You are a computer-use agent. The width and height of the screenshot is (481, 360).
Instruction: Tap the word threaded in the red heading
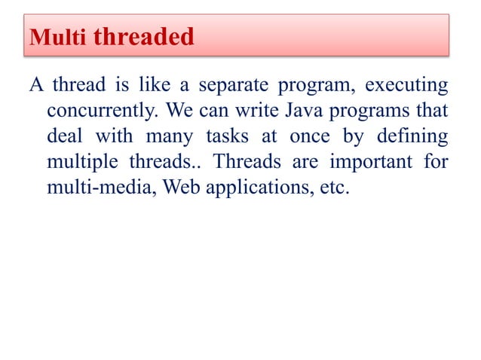pos(143,36)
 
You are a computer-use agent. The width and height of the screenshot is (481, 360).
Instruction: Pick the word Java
pos(302,111)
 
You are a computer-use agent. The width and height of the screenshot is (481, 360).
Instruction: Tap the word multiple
pos(82,162)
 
